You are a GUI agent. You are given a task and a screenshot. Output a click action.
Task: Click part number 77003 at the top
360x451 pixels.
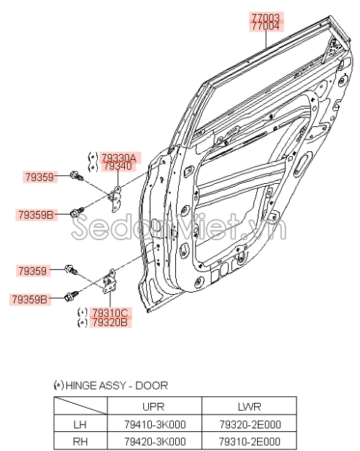point(266,17)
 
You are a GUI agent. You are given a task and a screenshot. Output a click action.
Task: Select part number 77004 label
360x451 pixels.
point(266,26)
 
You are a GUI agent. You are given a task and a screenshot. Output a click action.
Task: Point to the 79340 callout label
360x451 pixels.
point(118,166)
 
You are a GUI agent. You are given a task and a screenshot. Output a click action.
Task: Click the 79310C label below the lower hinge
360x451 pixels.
point(110,312)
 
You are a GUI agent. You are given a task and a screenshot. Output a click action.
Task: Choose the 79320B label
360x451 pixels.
point(110,323)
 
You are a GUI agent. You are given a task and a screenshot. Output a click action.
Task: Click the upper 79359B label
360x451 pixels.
point(36,215)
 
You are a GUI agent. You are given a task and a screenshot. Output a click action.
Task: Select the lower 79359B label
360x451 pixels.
point(29,299)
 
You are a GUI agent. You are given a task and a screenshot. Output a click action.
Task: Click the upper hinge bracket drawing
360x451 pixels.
point(115,198)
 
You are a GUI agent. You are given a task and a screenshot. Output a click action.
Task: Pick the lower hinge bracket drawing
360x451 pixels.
point(110,281)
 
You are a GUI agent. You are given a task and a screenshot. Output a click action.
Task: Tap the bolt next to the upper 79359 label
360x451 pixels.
point(77,175)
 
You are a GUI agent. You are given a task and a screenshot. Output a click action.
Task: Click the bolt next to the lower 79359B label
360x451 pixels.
point(72,296)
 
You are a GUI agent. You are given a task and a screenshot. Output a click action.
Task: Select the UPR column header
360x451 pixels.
point(153,406)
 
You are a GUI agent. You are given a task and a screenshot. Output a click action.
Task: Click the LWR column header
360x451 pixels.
point(249,406)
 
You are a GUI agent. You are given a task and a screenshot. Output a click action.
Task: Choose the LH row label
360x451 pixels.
point(80,424)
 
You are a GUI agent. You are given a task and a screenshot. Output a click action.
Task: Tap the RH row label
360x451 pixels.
point(80,442)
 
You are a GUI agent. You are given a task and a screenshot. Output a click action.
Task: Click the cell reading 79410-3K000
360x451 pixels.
point(155,424)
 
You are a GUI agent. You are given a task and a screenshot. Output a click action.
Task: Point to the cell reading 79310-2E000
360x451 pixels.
point(250,442)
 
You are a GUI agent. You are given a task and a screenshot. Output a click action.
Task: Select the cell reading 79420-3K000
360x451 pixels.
point(155,442)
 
